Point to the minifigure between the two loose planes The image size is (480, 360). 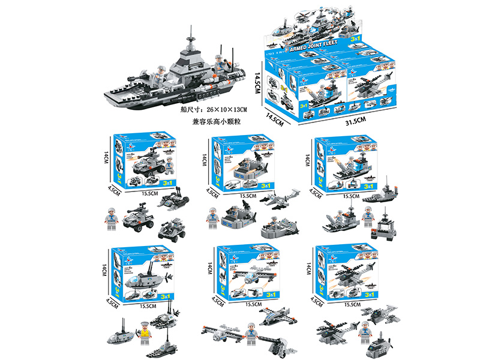pyautogui.click(x=250, y=333)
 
